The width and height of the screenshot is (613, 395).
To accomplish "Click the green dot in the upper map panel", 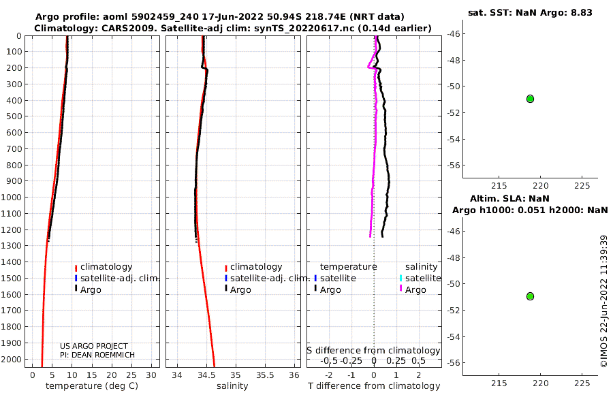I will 530,99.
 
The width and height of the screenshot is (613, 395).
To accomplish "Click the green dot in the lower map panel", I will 530,296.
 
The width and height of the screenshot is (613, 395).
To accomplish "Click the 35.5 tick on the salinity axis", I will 265,375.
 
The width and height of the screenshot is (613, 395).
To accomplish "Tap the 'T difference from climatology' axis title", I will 374,386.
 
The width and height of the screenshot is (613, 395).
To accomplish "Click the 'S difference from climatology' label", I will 373,350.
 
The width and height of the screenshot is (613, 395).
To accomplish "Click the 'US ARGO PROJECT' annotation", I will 94,346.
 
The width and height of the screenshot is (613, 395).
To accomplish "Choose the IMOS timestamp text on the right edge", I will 603,302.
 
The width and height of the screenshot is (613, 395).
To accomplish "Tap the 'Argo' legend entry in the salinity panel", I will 240,290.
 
